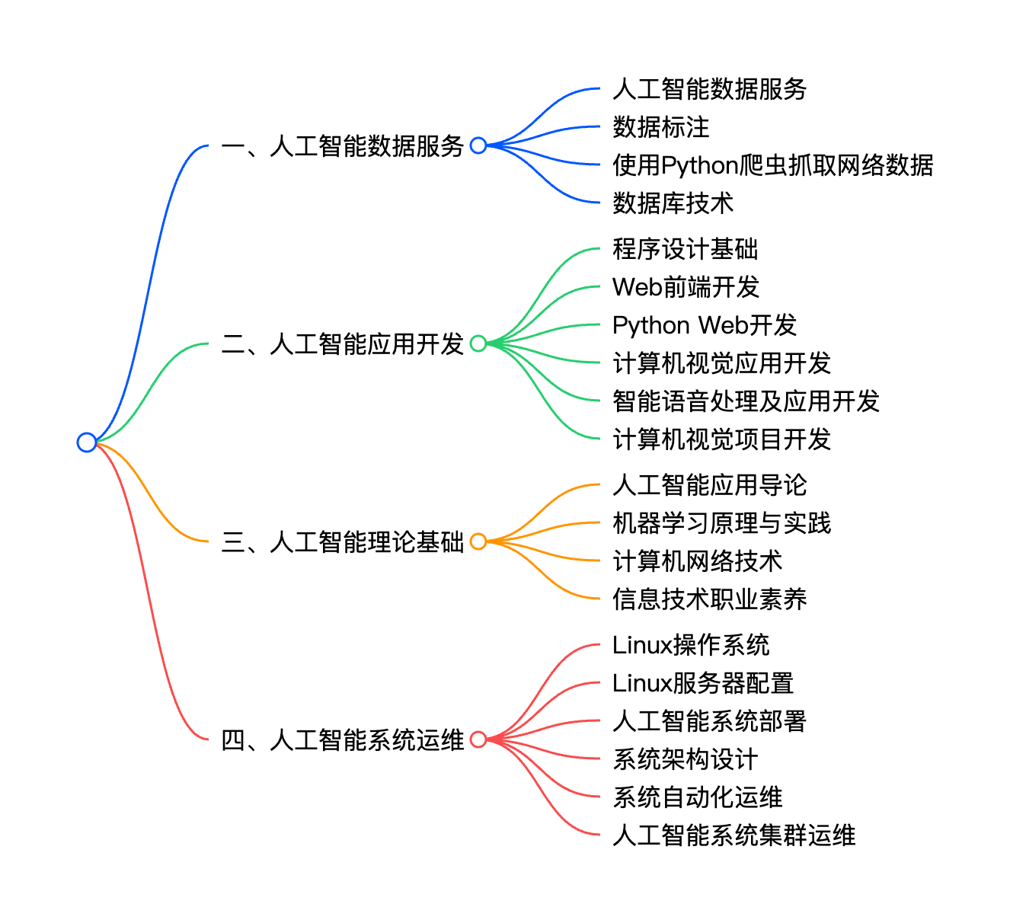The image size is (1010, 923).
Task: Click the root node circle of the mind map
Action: (x=87, y=442)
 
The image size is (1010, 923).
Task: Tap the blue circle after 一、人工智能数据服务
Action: (x=478, y=145)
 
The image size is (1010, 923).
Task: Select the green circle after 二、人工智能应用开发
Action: (x=478, y=343)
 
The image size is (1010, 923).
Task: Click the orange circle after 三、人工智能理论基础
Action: (x=478, y=541)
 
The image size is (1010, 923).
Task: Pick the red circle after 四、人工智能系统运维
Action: (x=478, y=739)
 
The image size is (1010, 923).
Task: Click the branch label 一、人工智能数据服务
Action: (x=343, y=145)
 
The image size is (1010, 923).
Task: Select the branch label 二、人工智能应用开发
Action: (x=343, y=343)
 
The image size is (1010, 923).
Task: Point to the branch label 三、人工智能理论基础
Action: (x=343, y=541)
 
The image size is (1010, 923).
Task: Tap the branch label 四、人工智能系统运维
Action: (x=343, y=739)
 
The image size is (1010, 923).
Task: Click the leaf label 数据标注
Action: (x=660, y=127)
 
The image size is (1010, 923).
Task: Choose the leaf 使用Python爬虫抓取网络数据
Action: (x=772, y=165)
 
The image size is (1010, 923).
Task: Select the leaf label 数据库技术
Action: (x=673, y=203)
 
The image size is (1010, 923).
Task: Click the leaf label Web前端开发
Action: (x=686, y=287)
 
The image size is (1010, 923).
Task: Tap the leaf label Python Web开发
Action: (x=704, y=325)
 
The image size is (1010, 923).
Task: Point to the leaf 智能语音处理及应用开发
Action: (x=746, y=401)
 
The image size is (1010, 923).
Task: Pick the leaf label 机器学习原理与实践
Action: (x=721, y=523)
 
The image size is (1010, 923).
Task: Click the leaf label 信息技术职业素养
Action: (x=709, y=599)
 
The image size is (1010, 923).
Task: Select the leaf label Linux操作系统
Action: (x=691, y=645)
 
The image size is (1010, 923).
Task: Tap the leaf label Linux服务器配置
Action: (x=703, y=683)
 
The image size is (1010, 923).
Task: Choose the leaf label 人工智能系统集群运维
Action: (x=734, y=835)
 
